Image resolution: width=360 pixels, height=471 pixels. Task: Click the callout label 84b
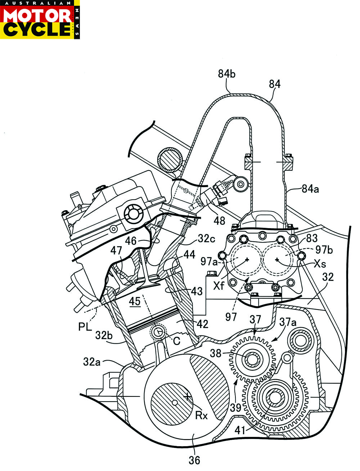tap(227, 74)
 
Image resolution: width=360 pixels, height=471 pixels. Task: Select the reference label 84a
tap(310, 188)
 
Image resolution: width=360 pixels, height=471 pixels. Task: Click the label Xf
tap(219, 286)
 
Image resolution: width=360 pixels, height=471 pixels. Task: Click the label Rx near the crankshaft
tap(201, 415)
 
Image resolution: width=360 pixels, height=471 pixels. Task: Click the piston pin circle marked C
tap(158, 332)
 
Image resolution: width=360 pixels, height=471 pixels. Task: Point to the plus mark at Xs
tap(277, 259)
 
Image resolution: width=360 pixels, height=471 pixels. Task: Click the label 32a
tap(92, 361)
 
